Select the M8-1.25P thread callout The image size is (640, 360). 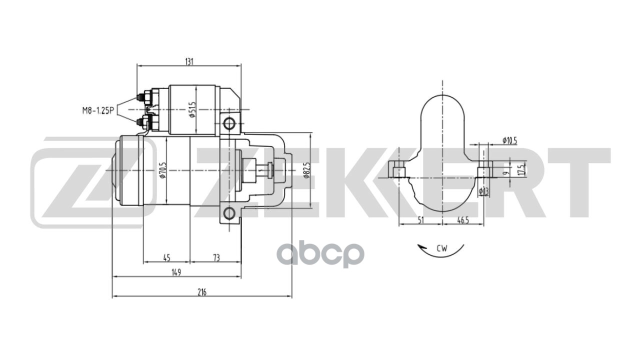[98, 110]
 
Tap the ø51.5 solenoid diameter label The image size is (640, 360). [191, 109]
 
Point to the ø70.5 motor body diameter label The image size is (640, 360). [162, 170]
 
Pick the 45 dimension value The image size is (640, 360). [166, 257]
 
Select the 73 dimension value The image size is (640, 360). [216, 257]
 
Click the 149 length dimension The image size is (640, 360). [175, 272]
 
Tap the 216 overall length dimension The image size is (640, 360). [201, 292]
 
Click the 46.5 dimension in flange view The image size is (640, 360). [463, 220]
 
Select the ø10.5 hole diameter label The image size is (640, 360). [509, 141]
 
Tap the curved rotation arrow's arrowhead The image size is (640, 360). [421, 246]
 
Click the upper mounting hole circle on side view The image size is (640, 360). [229, 123]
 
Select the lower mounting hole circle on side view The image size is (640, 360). [229, 213]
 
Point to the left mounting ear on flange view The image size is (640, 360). [398, 170]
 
